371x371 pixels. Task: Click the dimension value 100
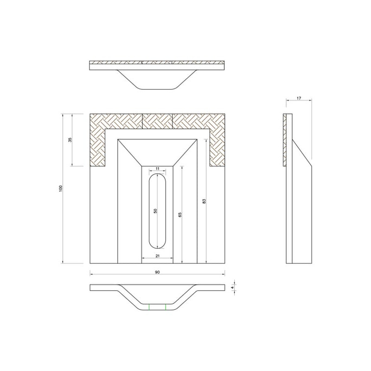point(61,188)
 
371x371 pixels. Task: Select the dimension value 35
point(70,140)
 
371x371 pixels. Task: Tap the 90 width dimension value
point(157,272)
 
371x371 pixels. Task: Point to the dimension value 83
point(204,201)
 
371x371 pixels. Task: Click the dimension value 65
point(180,215)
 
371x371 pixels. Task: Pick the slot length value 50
point(155,211)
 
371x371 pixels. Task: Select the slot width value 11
point(158,169)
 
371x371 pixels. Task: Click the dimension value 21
point(158,256)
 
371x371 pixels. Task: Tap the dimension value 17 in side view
point(299,98)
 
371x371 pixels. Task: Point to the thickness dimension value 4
point(233,288)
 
